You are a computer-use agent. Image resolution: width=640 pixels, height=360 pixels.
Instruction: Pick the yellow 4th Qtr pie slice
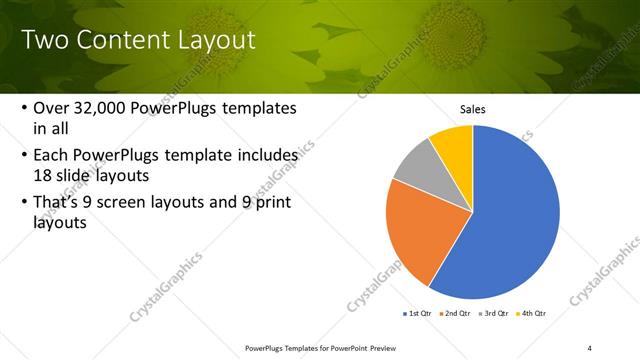coord(455,145)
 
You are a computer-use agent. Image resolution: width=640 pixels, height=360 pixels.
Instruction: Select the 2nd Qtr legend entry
coord(455,313)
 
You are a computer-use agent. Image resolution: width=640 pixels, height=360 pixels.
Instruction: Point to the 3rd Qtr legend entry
coord(494,313)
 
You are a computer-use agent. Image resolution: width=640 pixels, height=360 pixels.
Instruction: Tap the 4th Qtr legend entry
coord(532,313)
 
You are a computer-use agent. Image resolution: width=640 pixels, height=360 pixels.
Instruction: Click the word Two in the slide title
coord(45,41)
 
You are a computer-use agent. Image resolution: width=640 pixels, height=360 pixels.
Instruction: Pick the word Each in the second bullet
coord(53,156)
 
